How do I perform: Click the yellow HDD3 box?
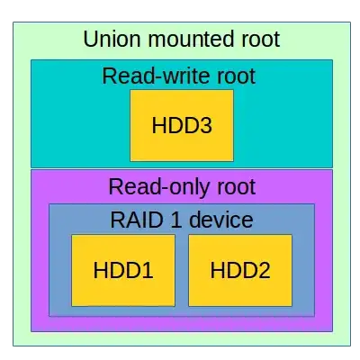click(x=182, y=125)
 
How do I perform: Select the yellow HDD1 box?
click(x=124, y=270)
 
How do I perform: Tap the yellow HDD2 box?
click(x=240, y=270)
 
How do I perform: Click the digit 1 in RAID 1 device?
click(x=175, y=220)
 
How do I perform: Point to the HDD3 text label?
click(x=182, y=125)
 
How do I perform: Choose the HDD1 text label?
click(x=124, y=270)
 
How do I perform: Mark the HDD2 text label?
click(x=240, y=270)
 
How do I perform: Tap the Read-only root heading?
click(x=181, y=187)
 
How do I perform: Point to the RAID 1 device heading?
click(x=181, y=220)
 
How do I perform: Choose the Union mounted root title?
click(x=181, y=40)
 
